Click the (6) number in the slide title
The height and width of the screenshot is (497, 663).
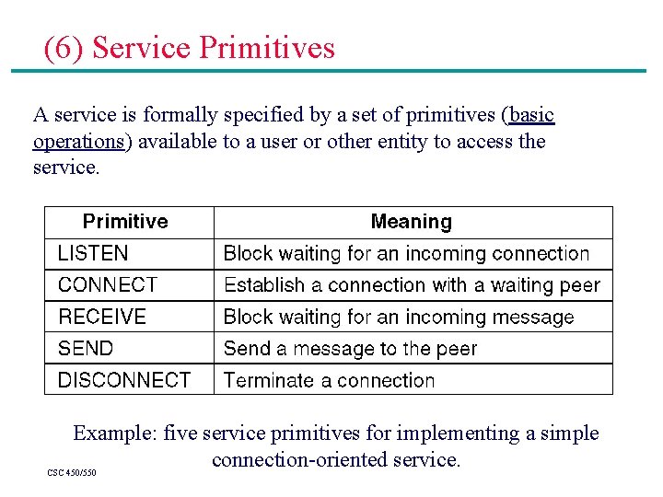pos(64,48)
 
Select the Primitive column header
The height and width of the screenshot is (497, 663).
pos(125,222)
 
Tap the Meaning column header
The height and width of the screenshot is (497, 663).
pos(411,222)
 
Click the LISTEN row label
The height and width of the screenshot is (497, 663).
pos(93,253)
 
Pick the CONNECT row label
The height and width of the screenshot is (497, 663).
pos(108,285)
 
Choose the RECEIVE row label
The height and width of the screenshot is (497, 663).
pos(102,317)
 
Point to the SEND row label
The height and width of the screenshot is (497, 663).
pos(86,349)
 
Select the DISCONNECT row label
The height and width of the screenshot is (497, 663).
pos(124,380)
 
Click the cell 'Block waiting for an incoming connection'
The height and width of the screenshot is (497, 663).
pos(406,253)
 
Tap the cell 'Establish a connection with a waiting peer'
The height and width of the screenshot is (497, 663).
pos(412,285)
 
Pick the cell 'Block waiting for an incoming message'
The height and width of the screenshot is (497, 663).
pos(399,318)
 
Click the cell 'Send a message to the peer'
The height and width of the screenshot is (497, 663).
pos(351,349)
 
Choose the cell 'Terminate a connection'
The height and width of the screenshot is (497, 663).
pos(329,380)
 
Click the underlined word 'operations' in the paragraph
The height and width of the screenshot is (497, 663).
pos(78,142)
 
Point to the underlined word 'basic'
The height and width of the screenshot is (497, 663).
pos(531,115)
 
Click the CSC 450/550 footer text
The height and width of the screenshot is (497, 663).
pos(72,473)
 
